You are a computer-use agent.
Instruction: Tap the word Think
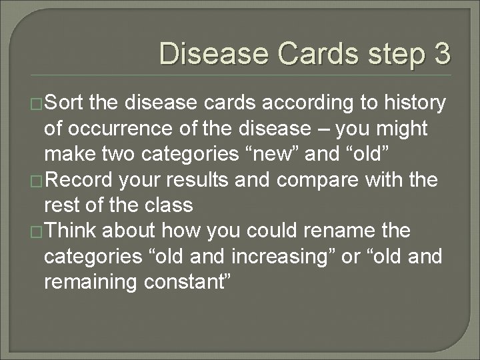click(x=73, y=231)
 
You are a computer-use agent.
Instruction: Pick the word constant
click(x=183, y=282)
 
